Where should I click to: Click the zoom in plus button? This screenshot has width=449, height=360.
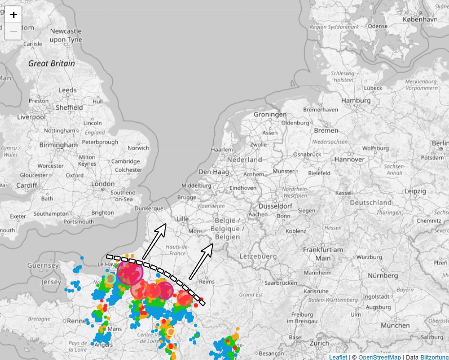point(13,15)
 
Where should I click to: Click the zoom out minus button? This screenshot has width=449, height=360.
point(13,31)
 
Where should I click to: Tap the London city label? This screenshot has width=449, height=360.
point(102,184)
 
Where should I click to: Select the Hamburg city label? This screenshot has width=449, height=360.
point(357,100)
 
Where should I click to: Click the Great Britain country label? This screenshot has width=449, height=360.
point(52,63)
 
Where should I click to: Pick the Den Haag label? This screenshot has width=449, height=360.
point(211,172)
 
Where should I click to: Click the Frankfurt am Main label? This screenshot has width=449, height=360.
point(323,253)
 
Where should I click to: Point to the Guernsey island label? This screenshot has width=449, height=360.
point(43,265)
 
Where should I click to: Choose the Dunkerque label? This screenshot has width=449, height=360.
point(148,208)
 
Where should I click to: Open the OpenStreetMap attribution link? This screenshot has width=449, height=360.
point(379,357)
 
